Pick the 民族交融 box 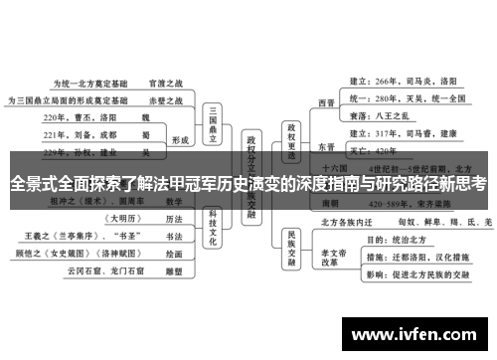(291, 263)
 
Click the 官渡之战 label (164, 85)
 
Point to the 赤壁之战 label (164, 100)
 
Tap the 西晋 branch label (326, 101)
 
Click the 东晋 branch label (326, 147)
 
